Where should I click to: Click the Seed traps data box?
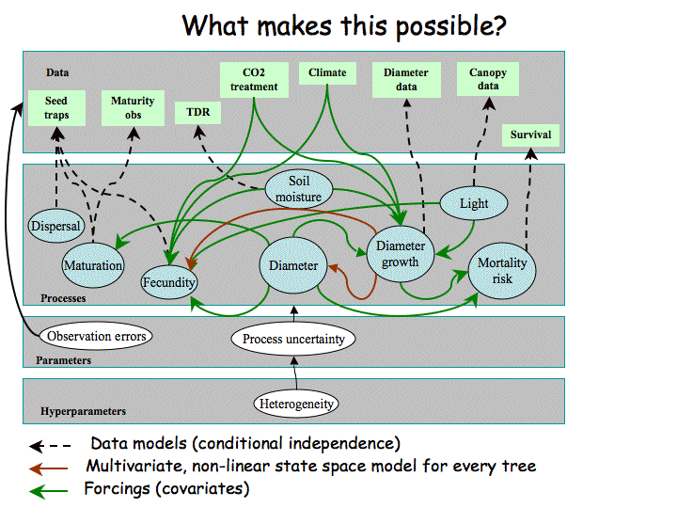coord(55,108)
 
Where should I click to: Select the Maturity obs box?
coord(133,108)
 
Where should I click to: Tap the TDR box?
coord(198,113)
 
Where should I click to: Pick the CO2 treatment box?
coord(255,79)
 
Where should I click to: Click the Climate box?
coord(327,72)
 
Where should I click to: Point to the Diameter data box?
coord(406,79)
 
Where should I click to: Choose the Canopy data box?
coord(488,79)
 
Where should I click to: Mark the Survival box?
coord(530,135)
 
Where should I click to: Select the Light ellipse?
coord(474,203)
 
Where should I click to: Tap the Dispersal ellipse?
coord(55,227)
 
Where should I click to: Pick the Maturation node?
coord(93,265)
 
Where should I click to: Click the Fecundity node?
coord(169,281)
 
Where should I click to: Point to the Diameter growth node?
coord(401,255)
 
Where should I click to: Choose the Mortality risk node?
coord(502,270)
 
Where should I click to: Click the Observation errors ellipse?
coord(98,335)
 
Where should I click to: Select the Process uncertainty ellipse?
coord(294,339)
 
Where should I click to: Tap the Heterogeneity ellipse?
coord(295,405)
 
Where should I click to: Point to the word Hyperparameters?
coord(83,411)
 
